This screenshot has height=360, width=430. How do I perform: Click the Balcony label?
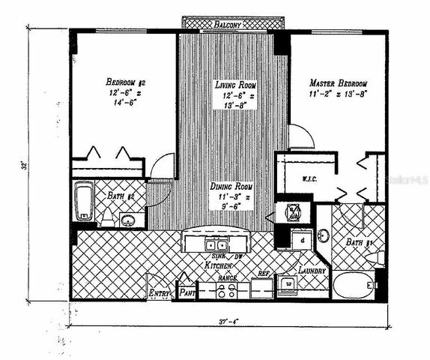click(227, 24)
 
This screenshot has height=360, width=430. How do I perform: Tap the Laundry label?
click(310, 270)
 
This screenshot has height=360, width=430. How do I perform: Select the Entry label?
click(160, 292)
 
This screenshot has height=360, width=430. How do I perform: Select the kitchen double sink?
click(216, 244)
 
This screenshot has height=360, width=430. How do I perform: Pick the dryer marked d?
click(301, 239)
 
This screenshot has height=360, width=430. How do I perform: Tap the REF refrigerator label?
click(263, 274)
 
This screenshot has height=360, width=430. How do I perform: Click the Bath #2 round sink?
click(129, 220)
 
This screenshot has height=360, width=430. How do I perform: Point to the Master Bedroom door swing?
click(301, 138)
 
